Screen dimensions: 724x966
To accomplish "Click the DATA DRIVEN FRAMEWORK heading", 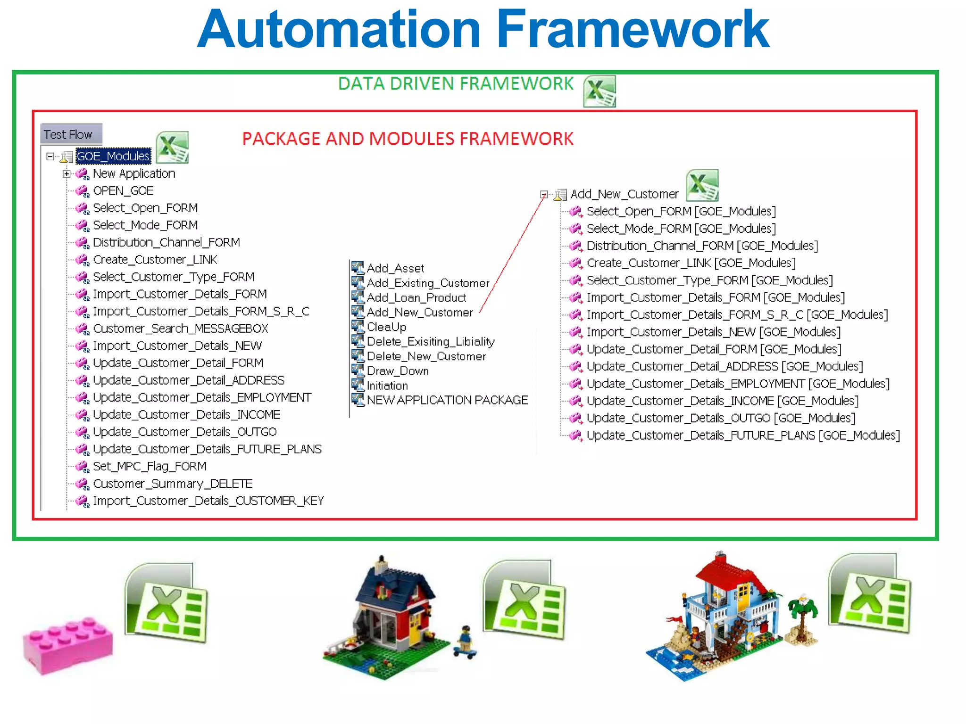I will [456, 84].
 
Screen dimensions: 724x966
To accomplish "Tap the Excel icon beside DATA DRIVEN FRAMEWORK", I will [599, 91].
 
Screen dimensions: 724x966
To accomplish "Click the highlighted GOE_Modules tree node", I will [113, 156].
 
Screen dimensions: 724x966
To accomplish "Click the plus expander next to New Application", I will [67, 174].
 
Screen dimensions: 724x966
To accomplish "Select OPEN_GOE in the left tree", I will [123, 191].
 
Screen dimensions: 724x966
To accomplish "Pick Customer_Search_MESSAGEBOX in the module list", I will [180, 329].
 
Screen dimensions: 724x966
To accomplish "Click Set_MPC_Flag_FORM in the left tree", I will [150, 467].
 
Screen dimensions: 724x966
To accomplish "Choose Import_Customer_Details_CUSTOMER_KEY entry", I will [208, 501].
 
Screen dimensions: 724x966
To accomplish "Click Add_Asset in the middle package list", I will [395, 269].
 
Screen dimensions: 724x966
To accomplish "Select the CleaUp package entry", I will [386, 327].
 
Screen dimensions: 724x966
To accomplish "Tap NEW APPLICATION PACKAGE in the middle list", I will [447, 400].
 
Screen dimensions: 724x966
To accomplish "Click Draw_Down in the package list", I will [398, 371].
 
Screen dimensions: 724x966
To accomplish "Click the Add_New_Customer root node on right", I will [624, 194].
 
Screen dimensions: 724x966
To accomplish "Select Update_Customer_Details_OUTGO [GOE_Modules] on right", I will [720, 418].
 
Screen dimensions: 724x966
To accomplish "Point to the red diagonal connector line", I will [512, 255].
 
